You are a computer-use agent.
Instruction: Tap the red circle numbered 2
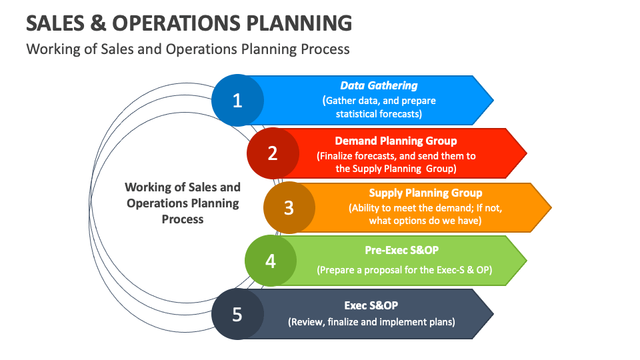click(x=273, y=153)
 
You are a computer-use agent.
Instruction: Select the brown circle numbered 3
click(x=289, y=207)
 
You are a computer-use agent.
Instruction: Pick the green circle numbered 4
click(x=271, y=261)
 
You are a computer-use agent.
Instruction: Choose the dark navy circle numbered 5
click(x=237, y=314)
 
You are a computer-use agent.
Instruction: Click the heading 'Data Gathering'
click(x=379, y=85)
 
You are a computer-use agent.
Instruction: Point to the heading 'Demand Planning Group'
click(x=396, y=141)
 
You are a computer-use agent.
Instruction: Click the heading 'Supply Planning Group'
click(x=425, y=193)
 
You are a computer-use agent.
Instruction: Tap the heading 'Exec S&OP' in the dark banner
click(x=371, y=305)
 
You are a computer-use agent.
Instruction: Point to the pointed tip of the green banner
click(x=525, y=260)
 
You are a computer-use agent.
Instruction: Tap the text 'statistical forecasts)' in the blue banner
click(x=379, y=113)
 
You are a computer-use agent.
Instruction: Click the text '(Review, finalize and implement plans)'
click(x=371, y=322)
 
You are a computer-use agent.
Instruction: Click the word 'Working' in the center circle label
click(x=146, y=187)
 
